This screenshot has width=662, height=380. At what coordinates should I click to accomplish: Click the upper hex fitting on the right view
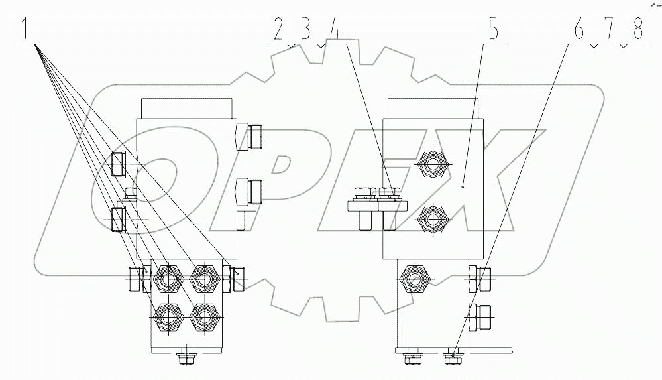pos(432,164)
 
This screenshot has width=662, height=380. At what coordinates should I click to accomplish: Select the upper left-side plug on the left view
pos(118,164)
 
